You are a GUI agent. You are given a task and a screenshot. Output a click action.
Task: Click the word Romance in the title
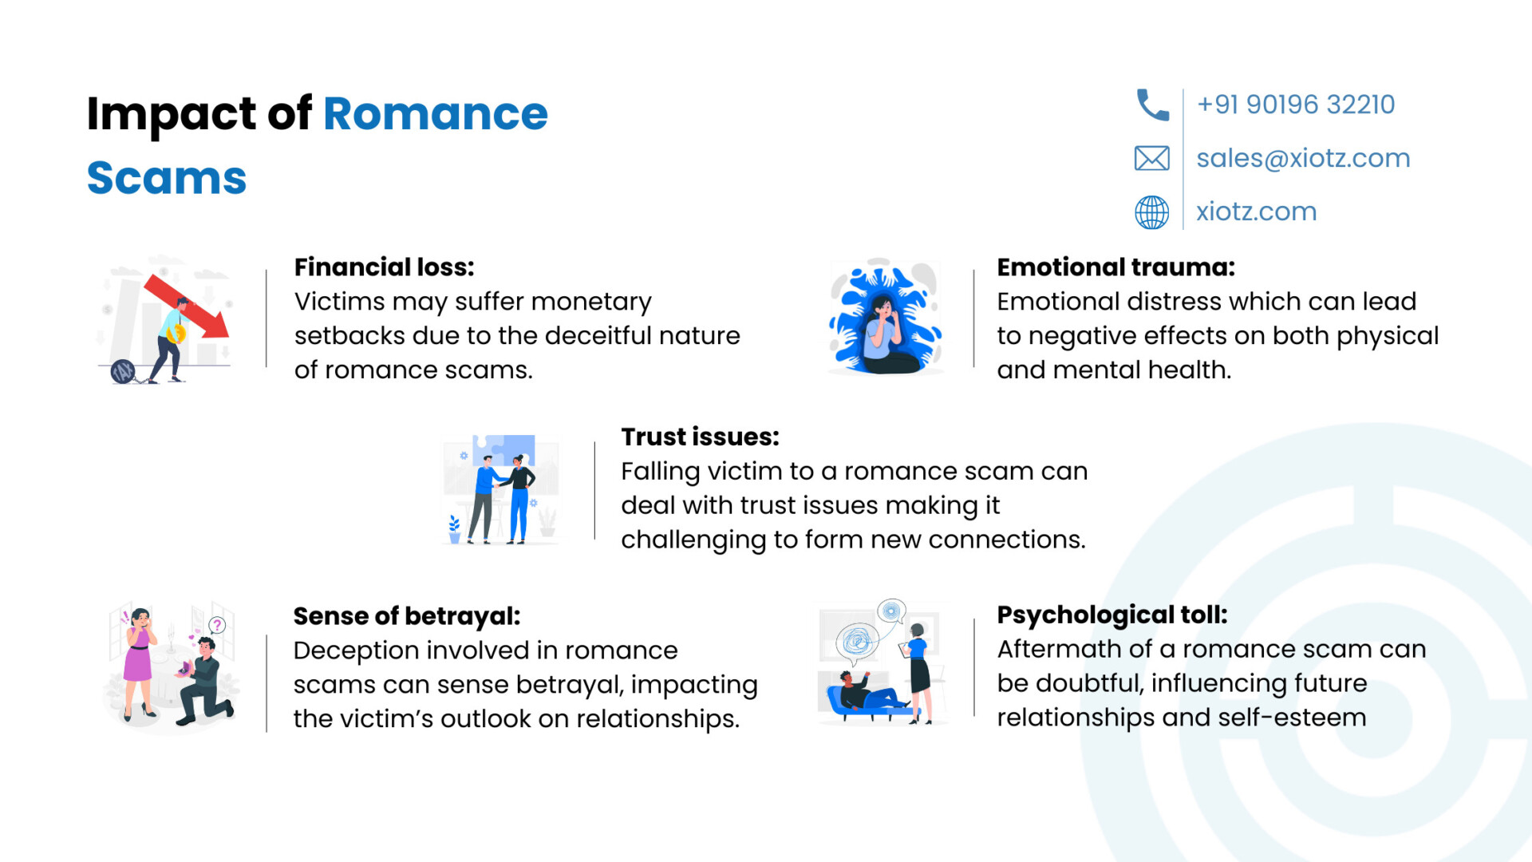[436, 113]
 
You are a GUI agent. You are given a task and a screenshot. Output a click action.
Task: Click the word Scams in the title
[167, 177]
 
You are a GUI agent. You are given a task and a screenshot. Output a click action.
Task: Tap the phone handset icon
[1152, 105]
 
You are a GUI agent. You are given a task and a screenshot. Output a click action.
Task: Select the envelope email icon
[1152, 158]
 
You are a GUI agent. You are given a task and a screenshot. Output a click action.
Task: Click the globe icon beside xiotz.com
[1152, 212]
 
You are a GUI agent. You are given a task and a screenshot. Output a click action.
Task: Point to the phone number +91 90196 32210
[1296, 105]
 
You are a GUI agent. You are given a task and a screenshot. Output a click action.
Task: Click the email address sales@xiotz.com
[1303, 158]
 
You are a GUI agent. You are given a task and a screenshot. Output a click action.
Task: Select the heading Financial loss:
[385, 267]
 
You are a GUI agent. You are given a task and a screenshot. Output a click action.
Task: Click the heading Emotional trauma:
[1116, 267]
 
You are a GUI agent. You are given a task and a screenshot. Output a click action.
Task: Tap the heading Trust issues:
[700, 437]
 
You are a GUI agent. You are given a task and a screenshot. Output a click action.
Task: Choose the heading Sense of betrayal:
[407, 616]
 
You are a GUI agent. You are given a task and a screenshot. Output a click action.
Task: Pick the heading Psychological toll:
[1112, 615]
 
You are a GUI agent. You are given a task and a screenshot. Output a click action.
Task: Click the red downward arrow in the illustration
[187, 306]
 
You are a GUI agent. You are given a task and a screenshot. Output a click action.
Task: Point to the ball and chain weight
[123, 371]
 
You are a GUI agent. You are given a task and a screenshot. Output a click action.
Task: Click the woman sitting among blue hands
[888, 335]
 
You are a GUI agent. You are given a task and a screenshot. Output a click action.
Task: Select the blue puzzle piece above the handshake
[504, 450]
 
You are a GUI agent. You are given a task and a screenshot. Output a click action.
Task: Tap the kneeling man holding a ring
[204, 681]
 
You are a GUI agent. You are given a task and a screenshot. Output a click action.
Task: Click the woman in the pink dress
[140, 663]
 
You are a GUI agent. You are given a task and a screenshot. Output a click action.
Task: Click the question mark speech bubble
[217, 626]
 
